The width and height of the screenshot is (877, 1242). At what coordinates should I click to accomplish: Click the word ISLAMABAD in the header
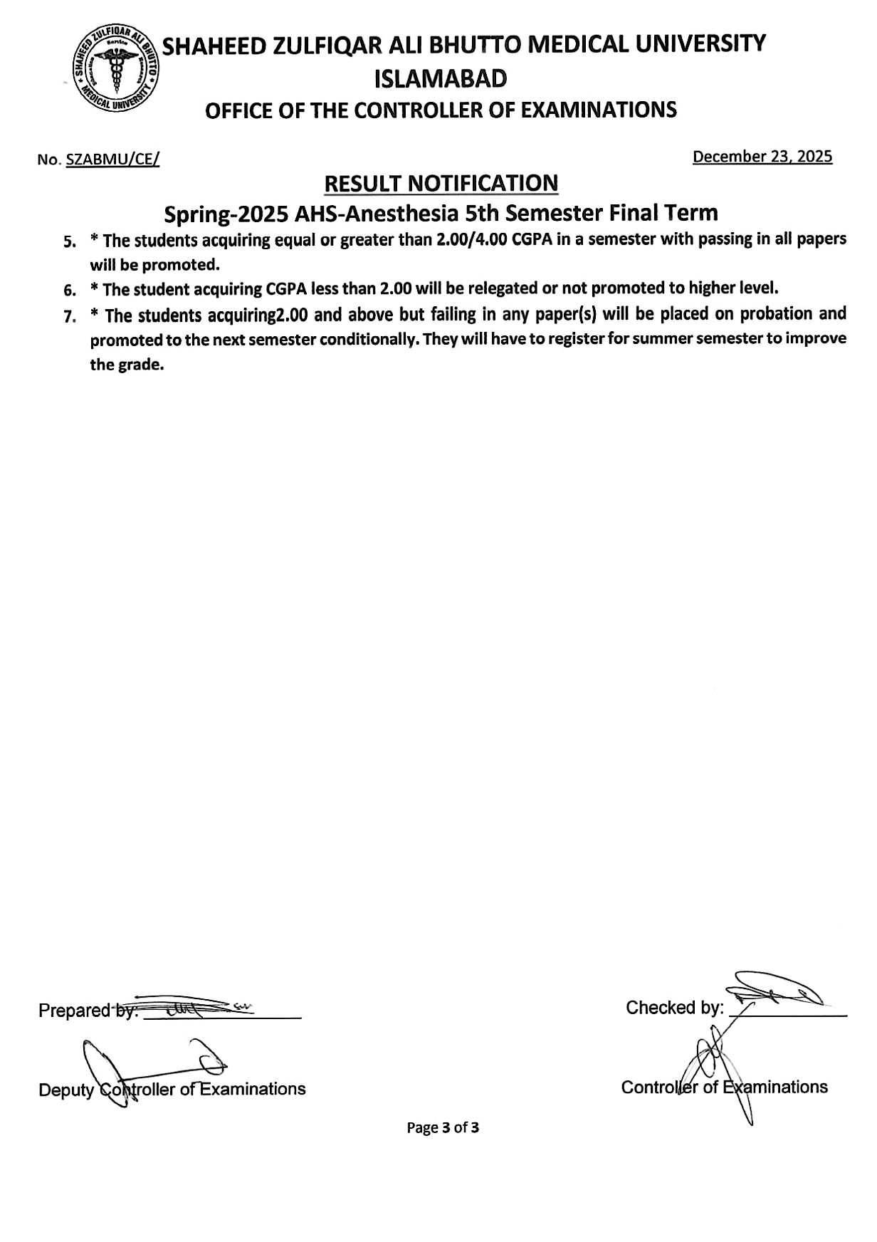440,78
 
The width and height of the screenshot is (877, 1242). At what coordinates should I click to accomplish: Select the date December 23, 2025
762,157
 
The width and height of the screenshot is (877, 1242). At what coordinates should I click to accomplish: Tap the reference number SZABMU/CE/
112,160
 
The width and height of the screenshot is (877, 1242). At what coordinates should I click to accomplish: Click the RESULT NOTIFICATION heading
441,184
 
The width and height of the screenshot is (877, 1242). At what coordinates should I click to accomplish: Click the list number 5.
69,242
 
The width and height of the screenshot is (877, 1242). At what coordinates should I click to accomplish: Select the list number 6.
69,291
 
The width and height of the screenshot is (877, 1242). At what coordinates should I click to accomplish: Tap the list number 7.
69,317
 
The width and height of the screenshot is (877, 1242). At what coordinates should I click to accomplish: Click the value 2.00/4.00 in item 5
471,239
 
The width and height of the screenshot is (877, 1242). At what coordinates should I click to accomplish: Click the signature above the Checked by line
772,990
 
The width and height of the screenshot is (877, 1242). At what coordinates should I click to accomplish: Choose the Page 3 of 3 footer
442,1128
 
